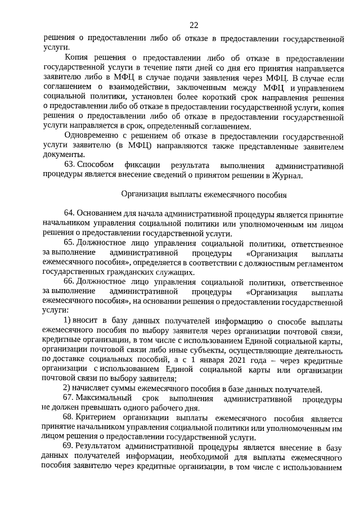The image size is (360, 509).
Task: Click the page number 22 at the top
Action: click(193, 25)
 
